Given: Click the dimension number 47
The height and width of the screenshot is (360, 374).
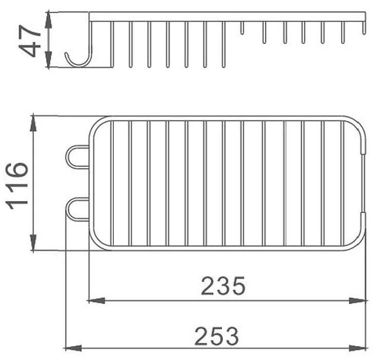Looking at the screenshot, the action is pyautogui.click(x=29, y=41).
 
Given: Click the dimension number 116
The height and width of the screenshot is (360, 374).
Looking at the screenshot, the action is pyautogui.click(x=16, y=186).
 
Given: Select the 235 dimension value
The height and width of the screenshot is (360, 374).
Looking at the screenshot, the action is pyautogui.click(x=223, y=286).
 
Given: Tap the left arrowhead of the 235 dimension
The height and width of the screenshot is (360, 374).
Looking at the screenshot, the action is pyautogui.click(x=97, y=300).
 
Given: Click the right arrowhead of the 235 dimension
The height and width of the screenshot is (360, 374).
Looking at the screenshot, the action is pyautogui.click(x=358, y=300).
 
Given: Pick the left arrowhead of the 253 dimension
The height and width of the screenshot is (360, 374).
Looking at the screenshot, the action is pyautogui.click(x=73, y=348).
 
